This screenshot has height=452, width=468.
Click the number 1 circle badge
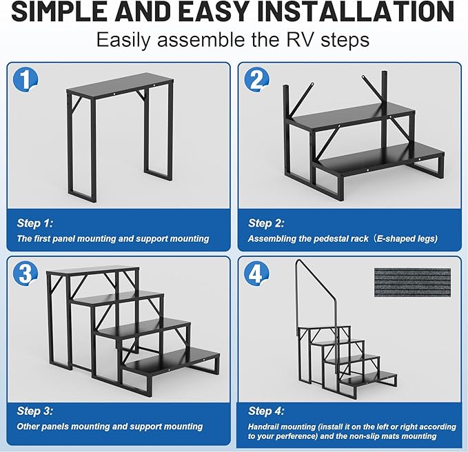pyautogui.click(x=25, y=81)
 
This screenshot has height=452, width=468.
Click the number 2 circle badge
pyautogui.click(x=256, y=81)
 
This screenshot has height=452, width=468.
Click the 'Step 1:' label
pyautogui.click(x=34, y=223)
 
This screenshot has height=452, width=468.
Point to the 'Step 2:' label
pyautogui.click(x=265, y=223)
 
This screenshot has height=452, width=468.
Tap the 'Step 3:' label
pyautogui.click(x=34, y=411)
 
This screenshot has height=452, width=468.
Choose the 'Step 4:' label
pyautogui.click(x=265, y=411)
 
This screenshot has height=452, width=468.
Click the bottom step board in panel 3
pyautogui.click(x=172, y=360)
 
